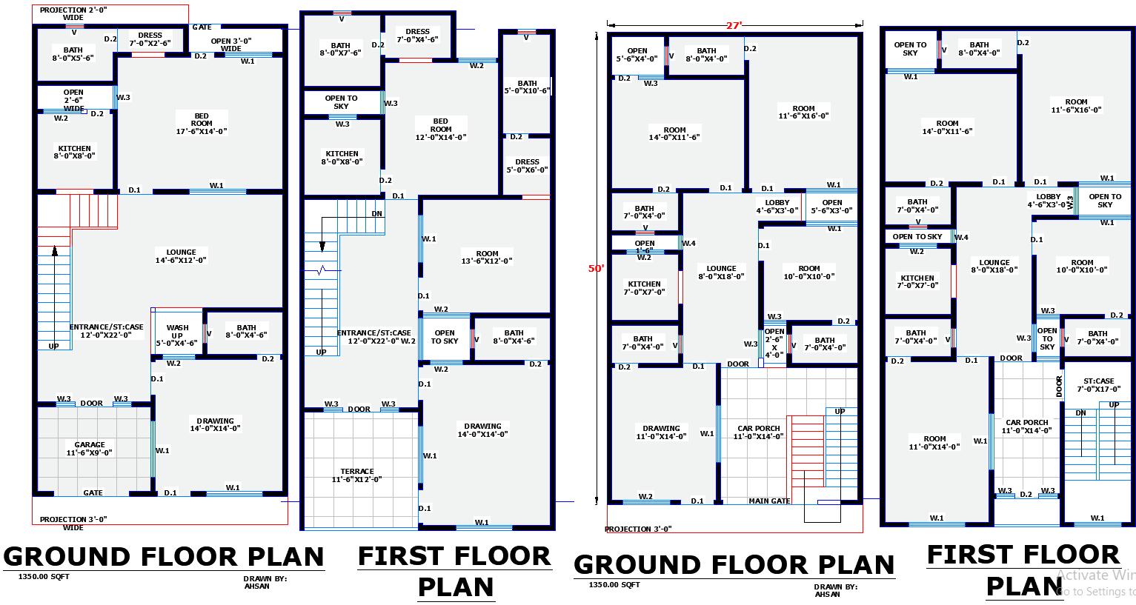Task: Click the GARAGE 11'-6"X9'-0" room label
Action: [x=90, y=449]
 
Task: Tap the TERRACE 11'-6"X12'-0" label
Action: [x=357, y=475]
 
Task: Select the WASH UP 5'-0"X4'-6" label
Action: [x=177, y=335]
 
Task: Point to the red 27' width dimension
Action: [x=734, y=25]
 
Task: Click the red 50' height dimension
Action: [x=596, y=269]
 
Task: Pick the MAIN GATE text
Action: [x=769, y=501]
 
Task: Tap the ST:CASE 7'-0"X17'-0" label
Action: [x=1098, y=385]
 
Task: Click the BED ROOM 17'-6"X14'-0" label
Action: [x=202, y=124]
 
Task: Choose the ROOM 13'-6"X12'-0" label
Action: [x=487, y=257]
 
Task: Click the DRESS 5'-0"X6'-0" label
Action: [x=527, y=166]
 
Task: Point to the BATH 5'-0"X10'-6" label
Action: [x=527, y=87]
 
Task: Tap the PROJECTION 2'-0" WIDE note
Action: [x=73, y=14]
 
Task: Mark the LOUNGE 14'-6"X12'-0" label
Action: [x=181, y=256]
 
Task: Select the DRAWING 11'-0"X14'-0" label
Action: [x=661, y=432]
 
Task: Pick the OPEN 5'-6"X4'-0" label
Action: [x=637, y=55]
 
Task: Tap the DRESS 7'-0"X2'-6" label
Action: [x=150, y=39]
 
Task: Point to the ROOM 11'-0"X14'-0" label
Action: [x=934, y=443]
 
